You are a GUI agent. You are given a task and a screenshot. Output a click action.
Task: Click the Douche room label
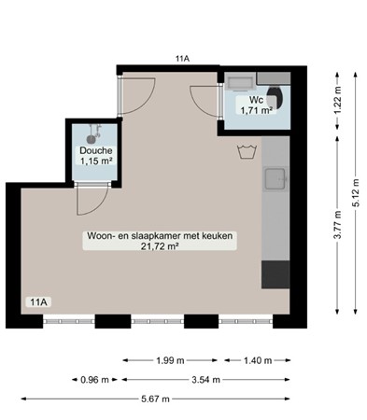pyautogui.click(x=95, y=150)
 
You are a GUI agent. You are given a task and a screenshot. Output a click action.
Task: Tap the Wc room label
pyautogui.click(x=255, y=100)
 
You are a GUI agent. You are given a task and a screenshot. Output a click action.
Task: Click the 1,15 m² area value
pyautogui.click(x=95, y=161)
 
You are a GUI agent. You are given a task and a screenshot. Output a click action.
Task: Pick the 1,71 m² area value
pyautogui.click(x=255, y=110)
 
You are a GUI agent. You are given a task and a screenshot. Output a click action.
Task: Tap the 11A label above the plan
pyautogui.click(x=182, y=59)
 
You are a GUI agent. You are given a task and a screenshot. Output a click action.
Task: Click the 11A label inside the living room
pyautogui.click(x=38, y=301)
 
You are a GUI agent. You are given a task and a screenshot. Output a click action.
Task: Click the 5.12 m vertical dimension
pyautogui.click(x=355, y=191)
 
